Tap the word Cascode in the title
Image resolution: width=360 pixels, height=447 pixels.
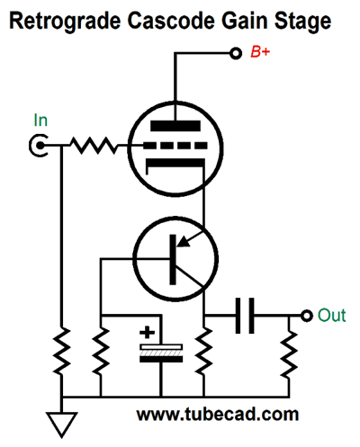[x=171, y=21]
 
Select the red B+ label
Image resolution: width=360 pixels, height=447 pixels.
[x=260, y=52]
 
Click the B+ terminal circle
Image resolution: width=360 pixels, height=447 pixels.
[x=236, y=53]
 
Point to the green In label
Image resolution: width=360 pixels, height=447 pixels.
[x=40, y=121]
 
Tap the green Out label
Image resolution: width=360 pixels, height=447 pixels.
[x=331, y=316]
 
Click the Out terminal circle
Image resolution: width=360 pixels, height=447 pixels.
[x=307, y=316]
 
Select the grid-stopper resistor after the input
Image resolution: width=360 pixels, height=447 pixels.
[x=94, y=146]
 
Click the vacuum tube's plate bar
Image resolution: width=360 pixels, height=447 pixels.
[x=175, y=126]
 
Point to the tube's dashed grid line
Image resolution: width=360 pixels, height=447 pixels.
[x=175, y=146]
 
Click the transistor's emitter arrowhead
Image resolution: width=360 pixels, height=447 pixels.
[x=184, y=241]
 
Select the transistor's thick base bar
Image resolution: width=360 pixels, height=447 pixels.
[x=173, y=260]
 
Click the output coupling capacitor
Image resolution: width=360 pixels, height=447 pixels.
[x=245, y=316]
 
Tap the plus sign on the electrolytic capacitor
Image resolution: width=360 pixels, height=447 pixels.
[x=147, y=333]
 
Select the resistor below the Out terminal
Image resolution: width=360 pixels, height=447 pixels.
[x=289, y=353]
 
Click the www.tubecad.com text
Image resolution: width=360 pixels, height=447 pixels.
[x=218, y=416]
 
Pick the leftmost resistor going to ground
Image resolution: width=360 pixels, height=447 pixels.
[x=62, y=351]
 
